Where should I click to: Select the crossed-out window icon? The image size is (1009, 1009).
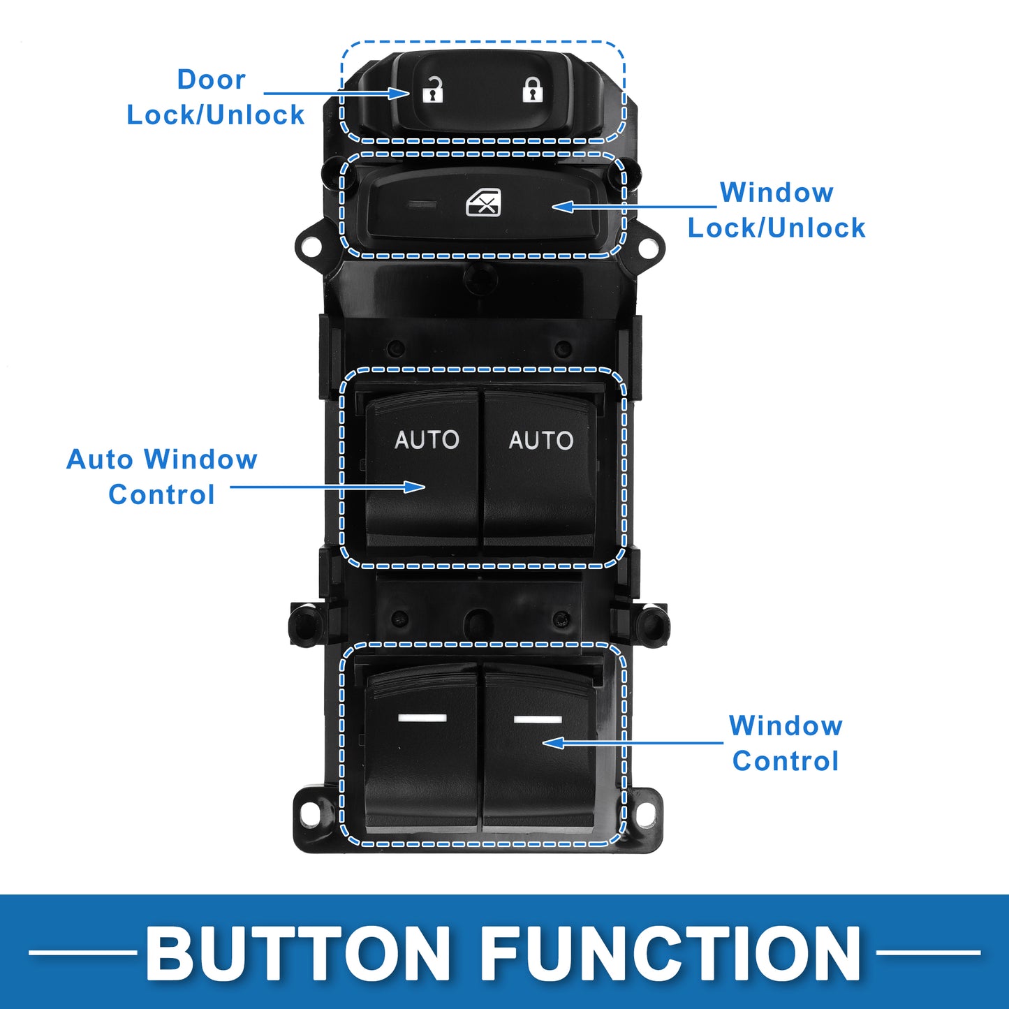coord(483,202)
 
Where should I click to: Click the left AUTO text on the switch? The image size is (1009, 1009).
coord(427,440)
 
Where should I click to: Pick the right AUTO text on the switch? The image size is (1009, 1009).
coord(541,441)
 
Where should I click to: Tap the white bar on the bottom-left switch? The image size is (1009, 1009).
coord(422,718)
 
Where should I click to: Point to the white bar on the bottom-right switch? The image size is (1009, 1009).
coord(538,719)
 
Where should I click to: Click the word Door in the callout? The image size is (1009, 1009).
coord(212,80)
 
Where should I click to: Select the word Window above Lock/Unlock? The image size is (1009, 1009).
coord(776,192)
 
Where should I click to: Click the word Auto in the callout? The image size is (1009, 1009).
coord(99,459)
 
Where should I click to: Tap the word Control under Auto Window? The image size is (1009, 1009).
coord(161,494)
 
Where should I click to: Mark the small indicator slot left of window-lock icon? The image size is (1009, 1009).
coord(422,204)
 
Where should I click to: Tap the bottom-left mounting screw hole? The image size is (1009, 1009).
coord(309,811)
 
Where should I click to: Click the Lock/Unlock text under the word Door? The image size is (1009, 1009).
coord(216,115)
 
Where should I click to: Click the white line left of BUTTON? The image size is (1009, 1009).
coord(82,952)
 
